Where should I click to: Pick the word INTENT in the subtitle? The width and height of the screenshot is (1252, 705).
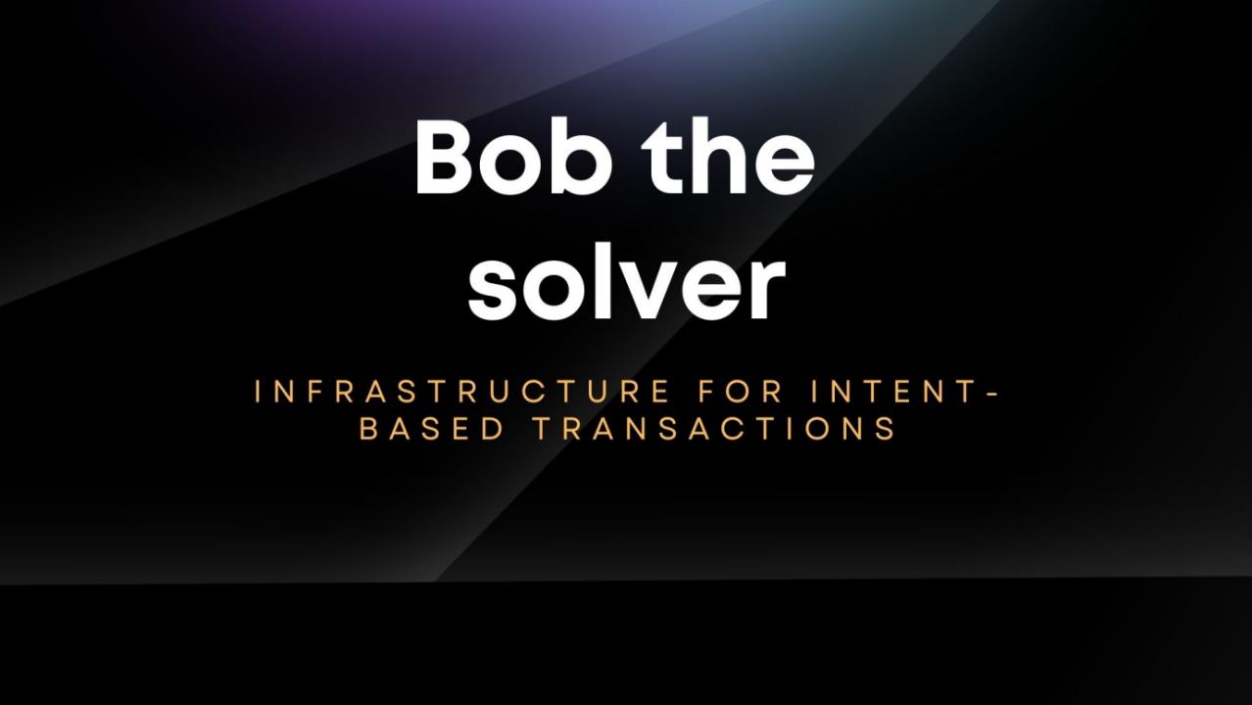tap(893, 391)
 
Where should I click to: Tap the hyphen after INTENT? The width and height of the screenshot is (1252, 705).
tap(992, 393)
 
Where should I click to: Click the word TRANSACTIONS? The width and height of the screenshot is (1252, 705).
tap(715, 429)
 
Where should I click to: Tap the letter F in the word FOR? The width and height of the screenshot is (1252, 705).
tap(706, 391)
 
